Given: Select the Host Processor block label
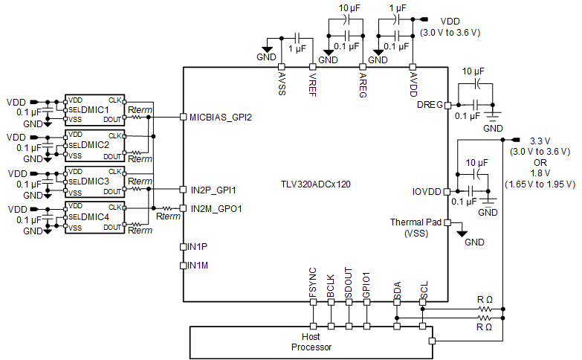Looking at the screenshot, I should coord(311,342).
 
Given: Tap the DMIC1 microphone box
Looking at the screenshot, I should coord(94,109).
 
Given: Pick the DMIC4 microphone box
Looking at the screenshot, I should coord(94,216).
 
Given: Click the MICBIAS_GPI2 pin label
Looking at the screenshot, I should coord(221,117).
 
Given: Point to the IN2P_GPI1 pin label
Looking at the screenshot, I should coord(213,190).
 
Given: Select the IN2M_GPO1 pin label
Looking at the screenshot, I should coord(216,208).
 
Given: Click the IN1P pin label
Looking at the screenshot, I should coord(198,246).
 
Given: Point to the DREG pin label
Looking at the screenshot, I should coord(429,105).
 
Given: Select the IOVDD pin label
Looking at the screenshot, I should coord(427,191).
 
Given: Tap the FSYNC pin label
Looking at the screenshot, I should coord(313,284).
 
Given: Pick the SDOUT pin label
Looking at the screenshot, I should coord(349,283).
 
